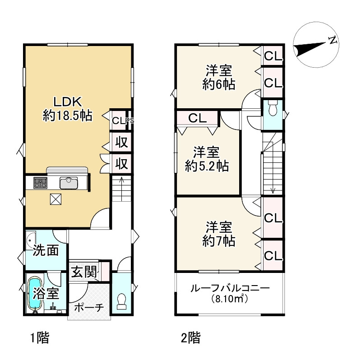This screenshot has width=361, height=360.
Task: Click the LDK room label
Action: pos(68,102)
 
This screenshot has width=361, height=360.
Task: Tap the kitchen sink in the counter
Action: pos(69,183)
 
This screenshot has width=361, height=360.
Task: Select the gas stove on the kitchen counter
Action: pos(40,183)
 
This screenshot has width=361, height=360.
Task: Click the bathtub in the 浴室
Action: pos(34,293)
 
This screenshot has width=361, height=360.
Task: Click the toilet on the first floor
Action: pos(121,302)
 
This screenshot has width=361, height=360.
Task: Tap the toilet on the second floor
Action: pos(273,108)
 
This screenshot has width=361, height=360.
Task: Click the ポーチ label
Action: pos(89,307)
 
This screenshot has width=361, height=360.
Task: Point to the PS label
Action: pos(130,120)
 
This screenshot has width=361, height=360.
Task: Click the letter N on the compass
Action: pos(333,40)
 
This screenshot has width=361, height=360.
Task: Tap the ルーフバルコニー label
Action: pos(230,288)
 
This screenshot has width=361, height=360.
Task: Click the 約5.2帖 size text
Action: pos(207,166)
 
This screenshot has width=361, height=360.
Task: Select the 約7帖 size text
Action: pos(219,241)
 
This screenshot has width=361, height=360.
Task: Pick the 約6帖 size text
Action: pos(219,84)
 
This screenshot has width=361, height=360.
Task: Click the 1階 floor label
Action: pos(40,338)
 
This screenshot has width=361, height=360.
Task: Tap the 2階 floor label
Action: pos(190,338)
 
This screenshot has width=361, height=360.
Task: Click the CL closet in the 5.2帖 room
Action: pos(198,118)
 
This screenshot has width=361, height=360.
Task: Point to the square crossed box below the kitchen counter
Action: pos(56,199)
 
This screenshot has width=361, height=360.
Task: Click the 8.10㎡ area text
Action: pos(230,299)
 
